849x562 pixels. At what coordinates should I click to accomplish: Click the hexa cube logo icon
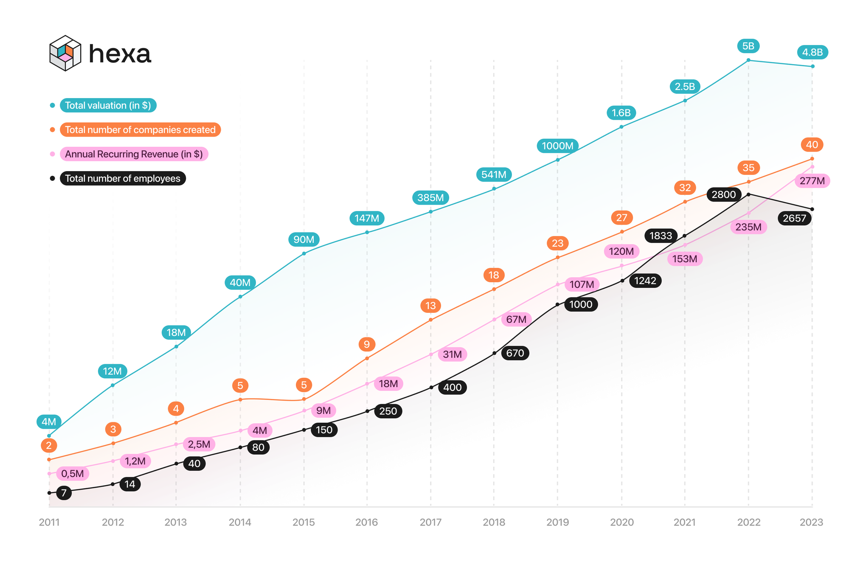[x=65, y=53]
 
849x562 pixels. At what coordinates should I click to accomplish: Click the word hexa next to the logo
[x=120, y=54]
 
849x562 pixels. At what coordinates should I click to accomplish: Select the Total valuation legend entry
[x=108, y=105]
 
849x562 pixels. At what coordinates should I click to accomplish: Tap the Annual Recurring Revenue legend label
[x=134, y=154]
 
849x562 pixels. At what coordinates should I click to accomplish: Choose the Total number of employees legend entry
[x=123, y=178]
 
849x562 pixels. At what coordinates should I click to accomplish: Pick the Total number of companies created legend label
[x=140, y=129]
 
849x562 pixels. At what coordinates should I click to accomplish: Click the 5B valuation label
[x=748, y=46]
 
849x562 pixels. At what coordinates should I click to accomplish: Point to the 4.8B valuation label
[x=812, y=52]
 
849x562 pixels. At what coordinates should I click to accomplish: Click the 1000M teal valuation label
[x=557, y=146]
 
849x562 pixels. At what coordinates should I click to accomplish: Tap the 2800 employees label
[x=724, y=194]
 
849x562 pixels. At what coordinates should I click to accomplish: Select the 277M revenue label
[x=812, y=181]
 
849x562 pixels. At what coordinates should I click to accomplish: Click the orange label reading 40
[x=812, y=145]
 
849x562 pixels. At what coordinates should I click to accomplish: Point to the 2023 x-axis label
[x=811, y=522]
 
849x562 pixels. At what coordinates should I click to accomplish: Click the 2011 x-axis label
[x=49, y=522]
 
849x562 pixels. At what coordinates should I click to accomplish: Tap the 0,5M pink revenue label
[x=72, y=474]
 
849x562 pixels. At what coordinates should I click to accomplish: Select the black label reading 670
[x=515, y=353]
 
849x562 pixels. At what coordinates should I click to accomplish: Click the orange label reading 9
[x=367, y=344]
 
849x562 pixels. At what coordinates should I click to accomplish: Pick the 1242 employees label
[x=645, y=281]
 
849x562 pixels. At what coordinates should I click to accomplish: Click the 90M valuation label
[x=304, y=239]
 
